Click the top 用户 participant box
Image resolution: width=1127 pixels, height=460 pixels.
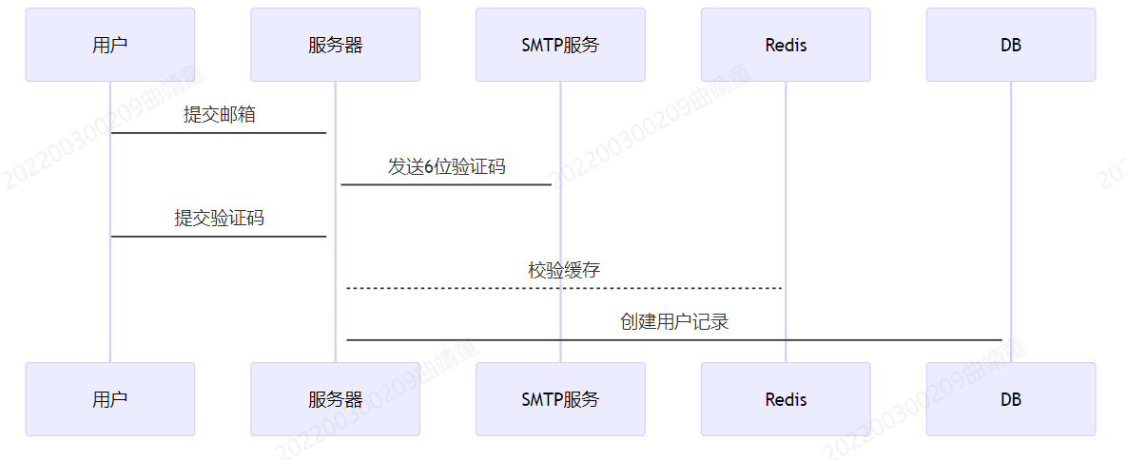click(x=110, y=45)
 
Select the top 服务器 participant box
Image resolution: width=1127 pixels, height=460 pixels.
click(x=335, y=45)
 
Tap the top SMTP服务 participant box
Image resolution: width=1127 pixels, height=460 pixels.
click(x=560, y=45)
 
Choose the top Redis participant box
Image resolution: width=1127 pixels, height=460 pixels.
click(x=786, y=45)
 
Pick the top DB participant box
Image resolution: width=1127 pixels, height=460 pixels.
click(x=1011, y=45)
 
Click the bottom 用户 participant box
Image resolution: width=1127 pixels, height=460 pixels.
click(x=110, y=399)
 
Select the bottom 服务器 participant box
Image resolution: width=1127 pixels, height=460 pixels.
click(x=335, y=399)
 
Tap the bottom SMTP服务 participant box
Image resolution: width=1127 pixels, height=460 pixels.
click(x=560, y=399)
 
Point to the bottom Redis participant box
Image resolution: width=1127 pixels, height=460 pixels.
click(x=786, y=399)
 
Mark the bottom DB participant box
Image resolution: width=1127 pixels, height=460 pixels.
click(x=1011, y=399)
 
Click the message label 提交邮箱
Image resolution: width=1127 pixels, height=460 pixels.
click(x=220, y=115)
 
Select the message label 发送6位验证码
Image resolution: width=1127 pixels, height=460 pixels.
click(x=446, y=167)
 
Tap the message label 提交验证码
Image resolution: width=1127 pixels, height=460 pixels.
click(x=220, y=219)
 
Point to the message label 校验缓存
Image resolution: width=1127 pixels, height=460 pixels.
click(x=564, y=270)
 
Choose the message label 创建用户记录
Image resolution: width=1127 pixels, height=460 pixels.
click(x=674, y=322)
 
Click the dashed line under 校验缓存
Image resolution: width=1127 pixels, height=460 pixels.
click(x=564, y=288)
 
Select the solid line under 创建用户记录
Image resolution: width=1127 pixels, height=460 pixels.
click(x=674, y=339)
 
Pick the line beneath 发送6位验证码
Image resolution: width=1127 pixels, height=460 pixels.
click(x=446, y=184)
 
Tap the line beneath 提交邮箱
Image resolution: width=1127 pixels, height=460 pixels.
click(x=219, y=133)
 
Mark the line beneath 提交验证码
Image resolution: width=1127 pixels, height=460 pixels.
click(x=219, y=237)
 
